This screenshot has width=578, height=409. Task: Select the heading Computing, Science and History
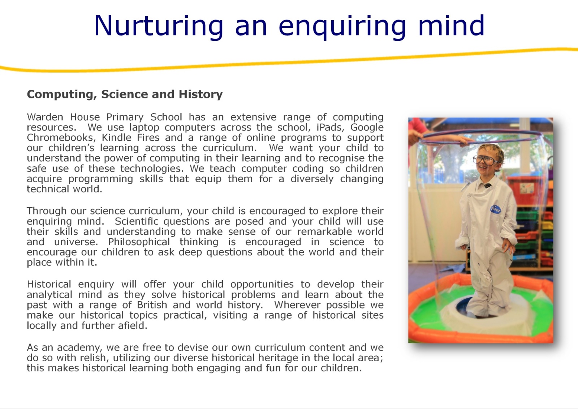(x=125, y=94)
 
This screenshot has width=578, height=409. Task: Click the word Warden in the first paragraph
(x=45, y=117)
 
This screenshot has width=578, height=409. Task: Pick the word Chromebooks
(x=61, y=138)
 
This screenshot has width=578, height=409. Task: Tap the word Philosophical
(x=139, y=242)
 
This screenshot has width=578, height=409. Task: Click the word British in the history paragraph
(x=152, y=305)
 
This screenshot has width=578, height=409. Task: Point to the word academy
(x=79, y=348)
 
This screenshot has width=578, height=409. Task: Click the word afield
(x=132, y=325)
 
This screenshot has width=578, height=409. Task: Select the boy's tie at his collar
(x=487, y=185)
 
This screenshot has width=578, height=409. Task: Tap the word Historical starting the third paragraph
(x=49, y=285)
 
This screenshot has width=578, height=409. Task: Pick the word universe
(x=76, y=242)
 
